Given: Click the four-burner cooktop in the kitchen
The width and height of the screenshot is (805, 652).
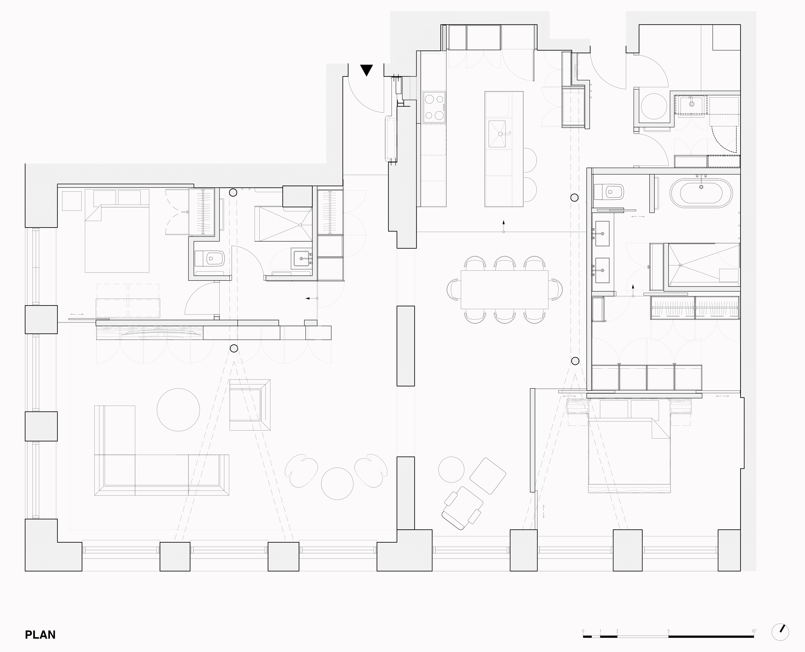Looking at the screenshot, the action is tap(434, 107).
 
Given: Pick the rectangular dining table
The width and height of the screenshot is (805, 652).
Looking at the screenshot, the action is tap(504, 290).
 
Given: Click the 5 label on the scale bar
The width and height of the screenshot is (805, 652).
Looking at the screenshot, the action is tap(668, 620).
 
